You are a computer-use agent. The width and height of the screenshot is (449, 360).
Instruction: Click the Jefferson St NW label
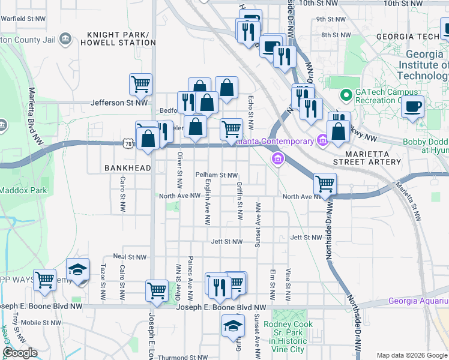119,103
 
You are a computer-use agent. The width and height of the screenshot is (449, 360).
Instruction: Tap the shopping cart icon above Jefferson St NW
140,85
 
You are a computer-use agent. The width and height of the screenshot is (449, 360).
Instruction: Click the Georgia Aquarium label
418,301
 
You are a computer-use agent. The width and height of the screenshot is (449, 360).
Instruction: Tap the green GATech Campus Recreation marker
346,95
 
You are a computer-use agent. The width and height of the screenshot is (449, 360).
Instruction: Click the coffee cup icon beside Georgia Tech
412,108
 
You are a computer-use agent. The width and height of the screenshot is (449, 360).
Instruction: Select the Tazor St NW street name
103,282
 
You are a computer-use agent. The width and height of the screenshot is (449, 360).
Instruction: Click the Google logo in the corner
19,353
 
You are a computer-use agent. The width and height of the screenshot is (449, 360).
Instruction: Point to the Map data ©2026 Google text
412,355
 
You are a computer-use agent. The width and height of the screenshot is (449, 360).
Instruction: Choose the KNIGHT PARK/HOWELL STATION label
121,39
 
